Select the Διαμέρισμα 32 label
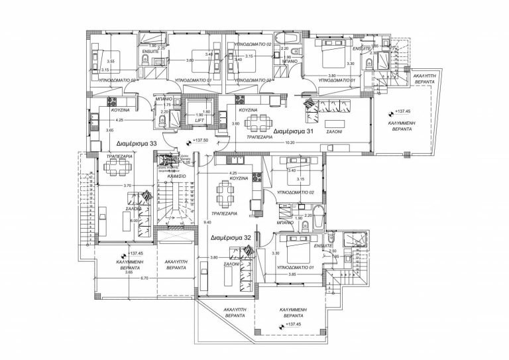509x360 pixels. click(x=230, y=236)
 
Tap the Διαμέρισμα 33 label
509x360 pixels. click(x=136, y=143)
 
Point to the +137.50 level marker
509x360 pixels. click(x=198, y=141)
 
